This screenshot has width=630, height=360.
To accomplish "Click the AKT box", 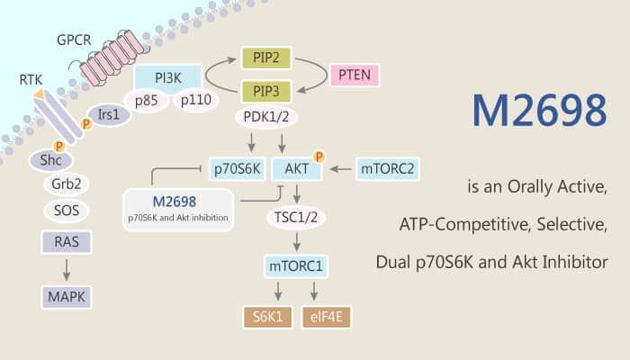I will coord(297,168).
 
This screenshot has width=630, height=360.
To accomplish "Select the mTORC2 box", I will coord(387,167).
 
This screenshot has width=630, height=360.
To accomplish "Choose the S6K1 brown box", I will coord(266,317).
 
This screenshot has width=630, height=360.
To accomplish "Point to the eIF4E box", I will coord(328,317).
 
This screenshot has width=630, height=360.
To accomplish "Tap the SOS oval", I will coord(64,211).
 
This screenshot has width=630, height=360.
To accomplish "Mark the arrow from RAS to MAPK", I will coord(63,267).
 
